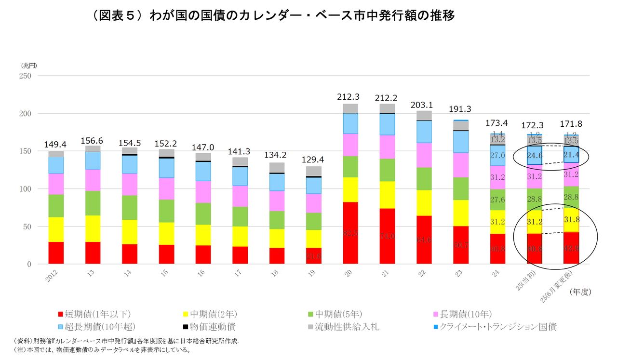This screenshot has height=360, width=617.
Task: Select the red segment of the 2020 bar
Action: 350,233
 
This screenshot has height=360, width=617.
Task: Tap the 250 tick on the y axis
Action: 25,76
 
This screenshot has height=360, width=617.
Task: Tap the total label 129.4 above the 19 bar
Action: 313,160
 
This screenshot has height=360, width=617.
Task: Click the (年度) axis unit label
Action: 580,292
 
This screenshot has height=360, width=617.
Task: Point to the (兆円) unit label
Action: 28,65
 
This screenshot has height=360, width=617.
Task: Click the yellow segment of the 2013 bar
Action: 93,228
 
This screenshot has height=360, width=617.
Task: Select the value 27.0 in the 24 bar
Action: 497,156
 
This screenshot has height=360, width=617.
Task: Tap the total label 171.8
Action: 571,124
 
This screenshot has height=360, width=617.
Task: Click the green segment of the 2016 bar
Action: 203,213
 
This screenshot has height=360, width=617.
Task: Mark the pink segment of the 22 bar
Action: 424,155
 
